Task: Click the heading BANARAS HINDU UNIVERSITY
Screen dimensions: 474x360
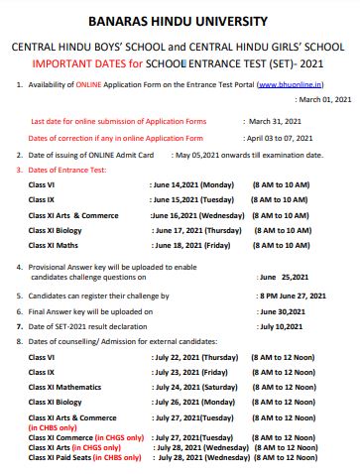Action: click(180, 21)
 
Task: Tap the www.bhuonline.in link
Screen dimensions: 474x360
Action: click(295, 86)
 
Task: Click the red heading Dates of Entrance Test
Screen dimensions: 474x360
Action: click(65, 170)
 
